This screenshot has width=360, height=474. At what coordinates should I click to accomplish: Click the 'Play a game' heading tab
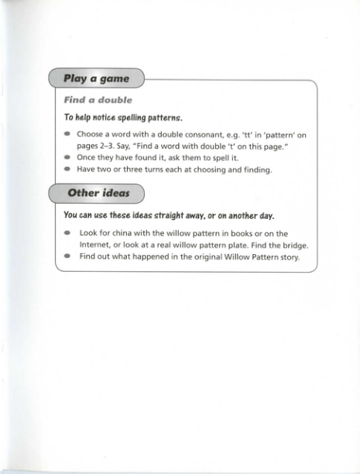coord(96,78)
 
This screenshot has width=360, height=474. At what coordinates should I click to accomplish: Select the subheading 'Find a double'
coord(98,100)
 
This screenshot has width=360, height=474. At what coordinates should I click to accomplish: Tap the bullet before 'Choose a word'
coord(68,135)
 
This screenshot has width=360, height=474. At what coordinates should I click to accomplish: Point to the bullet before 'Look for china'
coord(68,233)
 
